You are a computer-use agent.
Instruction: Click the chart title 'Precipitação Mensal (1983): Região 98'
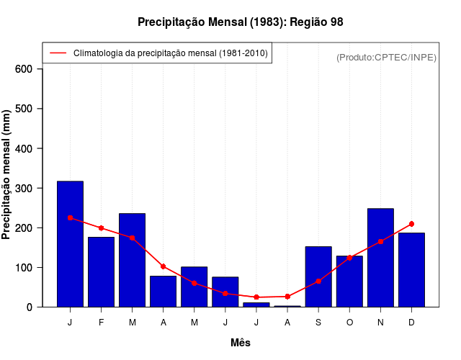(x=240, y=22)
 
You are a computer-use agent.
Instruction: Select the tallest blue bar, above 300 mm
(x=70, y=244)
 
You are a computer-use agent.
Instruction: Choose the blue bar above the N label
(x=380, y=257)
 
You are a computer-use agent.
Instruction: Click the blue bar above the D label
(x=411, y=269)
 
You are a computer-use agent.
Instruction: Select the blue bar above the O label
(x=349, y=281)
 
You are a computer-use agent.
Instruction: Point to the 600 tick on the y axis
(x=24, y=69)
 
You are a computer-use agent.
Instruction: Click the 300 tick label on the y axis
(x=24, y=188)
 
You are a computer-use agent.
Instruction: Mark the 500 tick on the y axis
(x=24, y=109)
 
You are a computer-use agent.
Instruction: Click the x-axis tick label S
(x=318, y=322)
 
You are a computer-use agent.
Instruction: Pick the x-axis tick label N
(x=380, y=322)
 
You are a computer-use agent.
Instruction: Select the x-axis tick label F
(x=101, y=322)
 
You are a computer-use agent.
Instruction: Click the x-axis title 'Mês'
(x=241, y=343)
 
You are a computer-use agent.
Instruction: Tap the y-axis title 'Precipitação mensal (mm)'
(x=7, y=175)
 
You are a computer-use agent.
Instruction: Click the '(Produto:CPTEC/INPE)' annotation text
(x=386, y=57)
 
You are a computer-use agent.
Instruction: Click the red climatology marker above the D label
(x=411, y=224)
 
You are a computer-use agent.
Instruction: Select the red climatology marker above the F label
(x=101, y=228)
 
